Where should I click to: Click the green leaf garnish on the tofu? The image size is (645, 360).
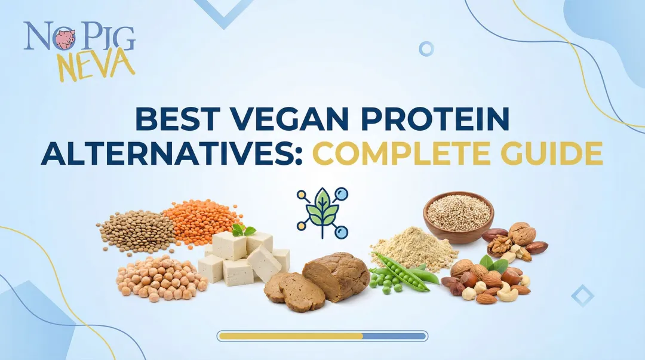pos(243,230)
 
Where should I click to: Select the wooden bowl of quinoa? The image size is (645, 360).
pos(458,216)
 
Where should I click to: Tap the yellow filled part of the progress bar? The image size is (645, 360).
pos(291,336)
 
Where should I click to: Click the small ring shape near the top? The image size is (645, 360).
pos(426,48)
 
